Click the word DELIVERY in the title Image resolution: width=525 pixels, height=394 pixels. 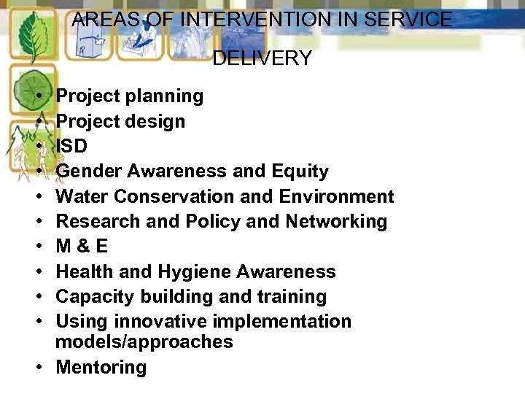tap(262, 58)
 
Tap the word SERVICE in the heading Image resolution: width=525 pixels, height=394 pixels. tap(409, 20)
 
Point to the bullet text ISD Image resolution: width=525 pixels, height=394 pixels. tap(71, 146)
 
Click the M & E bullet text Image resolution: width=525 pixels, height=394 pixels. tap(82, 247)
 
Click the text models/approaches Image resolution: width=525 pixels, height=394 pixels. tap(144, 341)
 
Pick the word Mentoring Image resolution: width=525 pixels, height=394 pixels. tap(101, 367)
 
